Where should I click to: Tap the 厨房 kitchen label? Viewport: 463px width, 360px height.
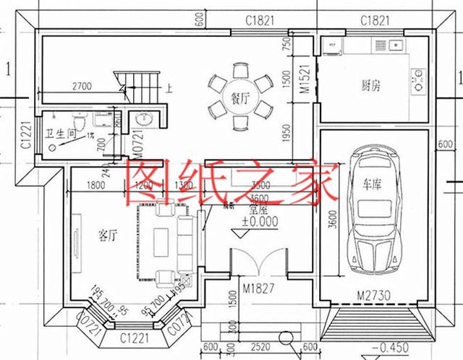[x=371, y=85]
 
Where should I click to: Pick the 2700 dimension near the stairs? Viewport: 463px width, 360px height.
[x=82, y=87]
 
